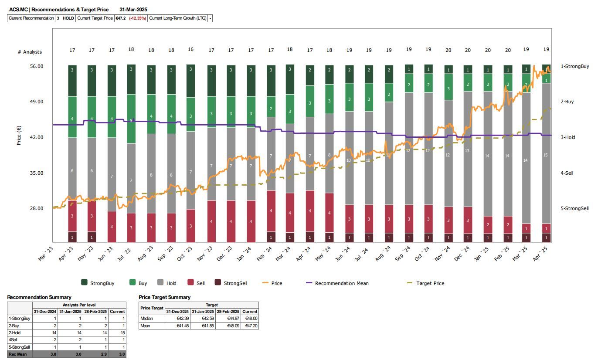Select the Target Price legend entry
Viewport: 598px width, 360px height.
[x=430, y=283]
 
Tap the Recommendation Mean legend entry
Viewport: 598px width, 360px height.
[x=341, y=283]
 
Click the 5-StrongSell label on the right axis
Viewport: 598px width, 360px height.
[x=574, y=208]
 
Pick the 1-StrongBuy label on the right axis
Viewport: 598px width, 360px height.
[x=574, y=66]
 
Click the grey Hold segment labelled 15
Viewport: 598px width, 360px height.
[x=546, y=155]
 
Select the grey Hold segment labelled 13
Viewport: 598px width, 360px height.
[x=467, y=150]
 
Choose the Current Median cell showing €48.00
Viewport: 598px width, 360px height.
[x=250, y=319]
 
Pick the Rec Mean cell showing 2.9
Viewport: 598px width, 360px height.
[x=97, y=354]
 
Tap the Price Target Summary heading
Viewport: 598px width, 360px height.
[x=164, y=297]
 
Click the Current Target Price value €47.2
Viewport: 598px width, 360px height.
[x=120, y=18]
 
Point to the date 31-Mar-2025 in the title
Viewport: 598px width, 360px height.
[x=133, y=9]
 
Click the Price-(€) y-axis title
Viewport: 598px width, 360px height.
[x=19, y=136]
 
